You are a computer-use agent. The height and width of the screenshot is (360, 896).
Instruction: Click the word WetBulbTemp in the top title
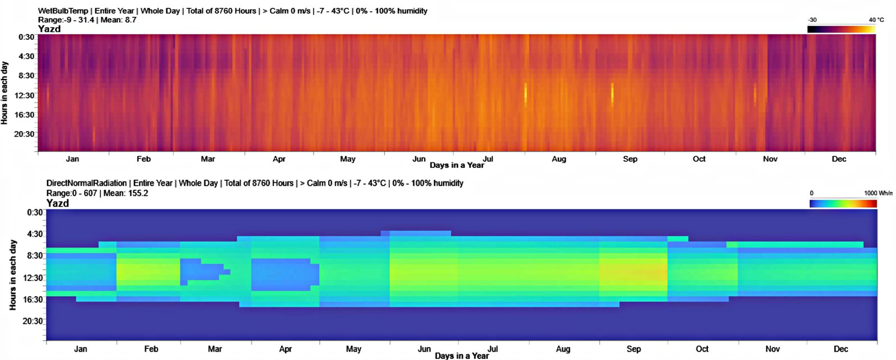coord(63,11)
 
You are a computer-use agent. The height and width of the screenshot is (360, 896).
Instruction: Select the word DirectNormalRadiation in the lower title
coord(86,183)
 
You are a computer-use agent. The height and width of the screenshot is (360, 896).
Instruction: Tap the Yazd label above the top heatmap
coord(49,29)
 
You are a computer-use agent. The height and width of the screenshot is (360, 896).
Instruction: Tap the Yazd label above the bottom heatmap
coord(58,203)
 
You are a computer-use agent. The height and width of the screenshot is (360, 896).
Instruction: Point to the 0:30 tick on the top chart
coord(26,37)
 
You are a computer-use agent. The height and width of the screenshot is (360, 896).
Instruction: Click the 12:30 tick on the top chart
coord(25,96)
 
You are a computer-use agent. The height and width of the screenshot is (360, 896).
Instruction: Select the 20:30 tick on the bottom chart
coord(32,321)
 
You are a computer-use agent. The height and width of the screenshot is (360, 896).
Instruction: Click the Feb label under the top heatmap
coord(144,159)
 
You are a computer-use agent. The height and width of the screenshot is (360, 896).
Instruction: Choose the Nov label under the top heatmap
coord(770,159)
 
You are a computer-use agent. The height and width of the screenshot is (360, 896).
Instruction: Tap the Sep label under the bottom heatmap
coord(633,349)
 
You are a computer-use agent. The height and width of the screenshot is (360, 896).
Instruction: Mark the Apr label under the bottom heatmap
coord(286,349)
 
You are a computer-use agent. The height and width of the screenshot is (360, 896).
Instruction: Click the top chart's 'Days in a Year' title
coord(456,165)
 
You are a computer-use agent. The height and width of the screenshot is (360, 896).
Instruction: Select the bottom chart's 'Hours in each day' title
coord(13,275)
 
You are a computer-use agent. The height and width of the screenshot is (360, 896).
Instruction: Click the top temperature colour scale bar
coord(841,29)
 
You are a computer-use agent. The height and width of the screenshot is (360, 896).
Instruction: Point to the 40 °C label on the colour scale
coord(876,20)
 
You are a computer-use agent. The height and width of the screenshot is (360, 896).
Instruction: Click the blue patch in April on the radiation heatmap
coord(283,274)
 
